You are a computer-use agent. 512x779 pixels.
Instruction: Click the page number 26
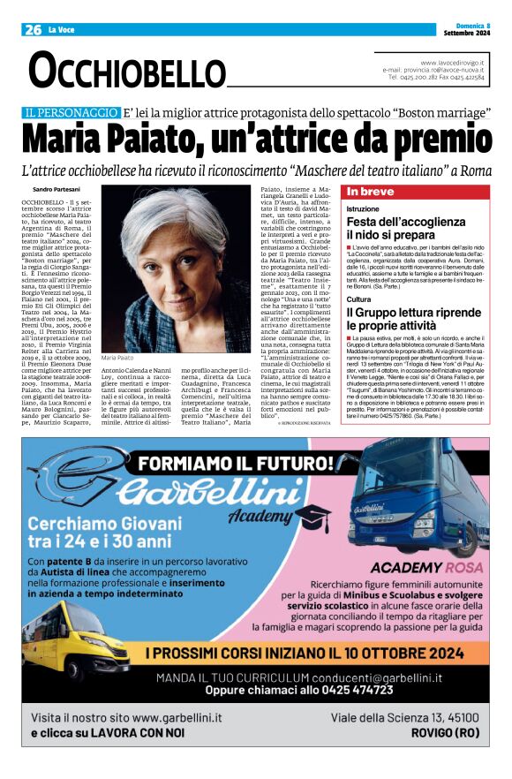click(33, 30)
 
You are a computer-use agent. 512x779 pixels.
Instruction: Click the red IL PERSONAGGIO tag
click(72, 113)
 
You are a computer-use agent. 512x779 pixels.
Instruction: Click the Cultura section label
click(360, 299)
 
